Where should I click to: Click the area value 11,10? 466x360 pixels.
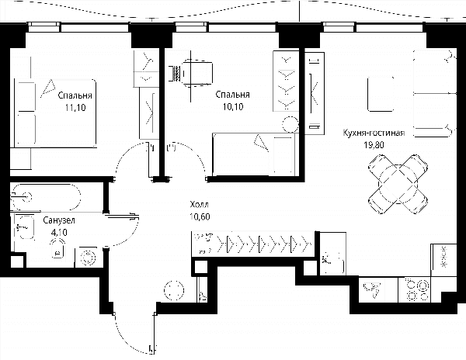[x=75, y=107]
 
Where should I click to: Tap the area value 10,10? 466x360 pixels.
[x=233, y=106]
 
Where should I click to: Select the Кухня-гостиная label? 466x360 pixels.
[x=374, y=133]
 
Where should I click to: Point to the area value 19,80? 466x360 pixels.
[x=374, y=145]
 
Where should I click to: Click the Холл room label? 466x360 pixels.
[x=199, y=205]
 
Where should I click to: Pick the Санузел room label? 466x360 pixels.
[x=59, y=220]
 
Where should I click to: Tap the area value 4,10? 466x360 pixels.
[x=59, y=233]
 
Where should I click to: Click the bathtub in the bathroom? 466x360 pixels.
[x=45, y=197]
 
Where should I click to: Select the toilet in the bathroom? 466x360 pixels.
[x=58, y=248]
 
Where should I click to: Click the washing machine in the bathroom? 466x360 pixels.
[x=89, y=257]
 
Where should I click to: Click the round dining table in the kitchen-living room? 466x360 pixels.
[x=398, y=184]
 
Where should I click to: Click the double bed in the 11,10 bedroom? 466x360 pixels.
[x=56, y=113]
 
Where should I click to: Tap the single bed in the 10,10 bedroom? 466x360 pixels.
[x=253, y=154]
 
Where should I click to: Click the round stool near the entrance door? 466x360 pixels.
[x=174, y=290]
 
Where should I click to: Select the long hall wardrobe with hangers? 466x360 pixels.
[x=252, y=244]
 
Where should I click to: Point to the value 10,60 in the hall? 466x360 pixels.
[x=200, y=216]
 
